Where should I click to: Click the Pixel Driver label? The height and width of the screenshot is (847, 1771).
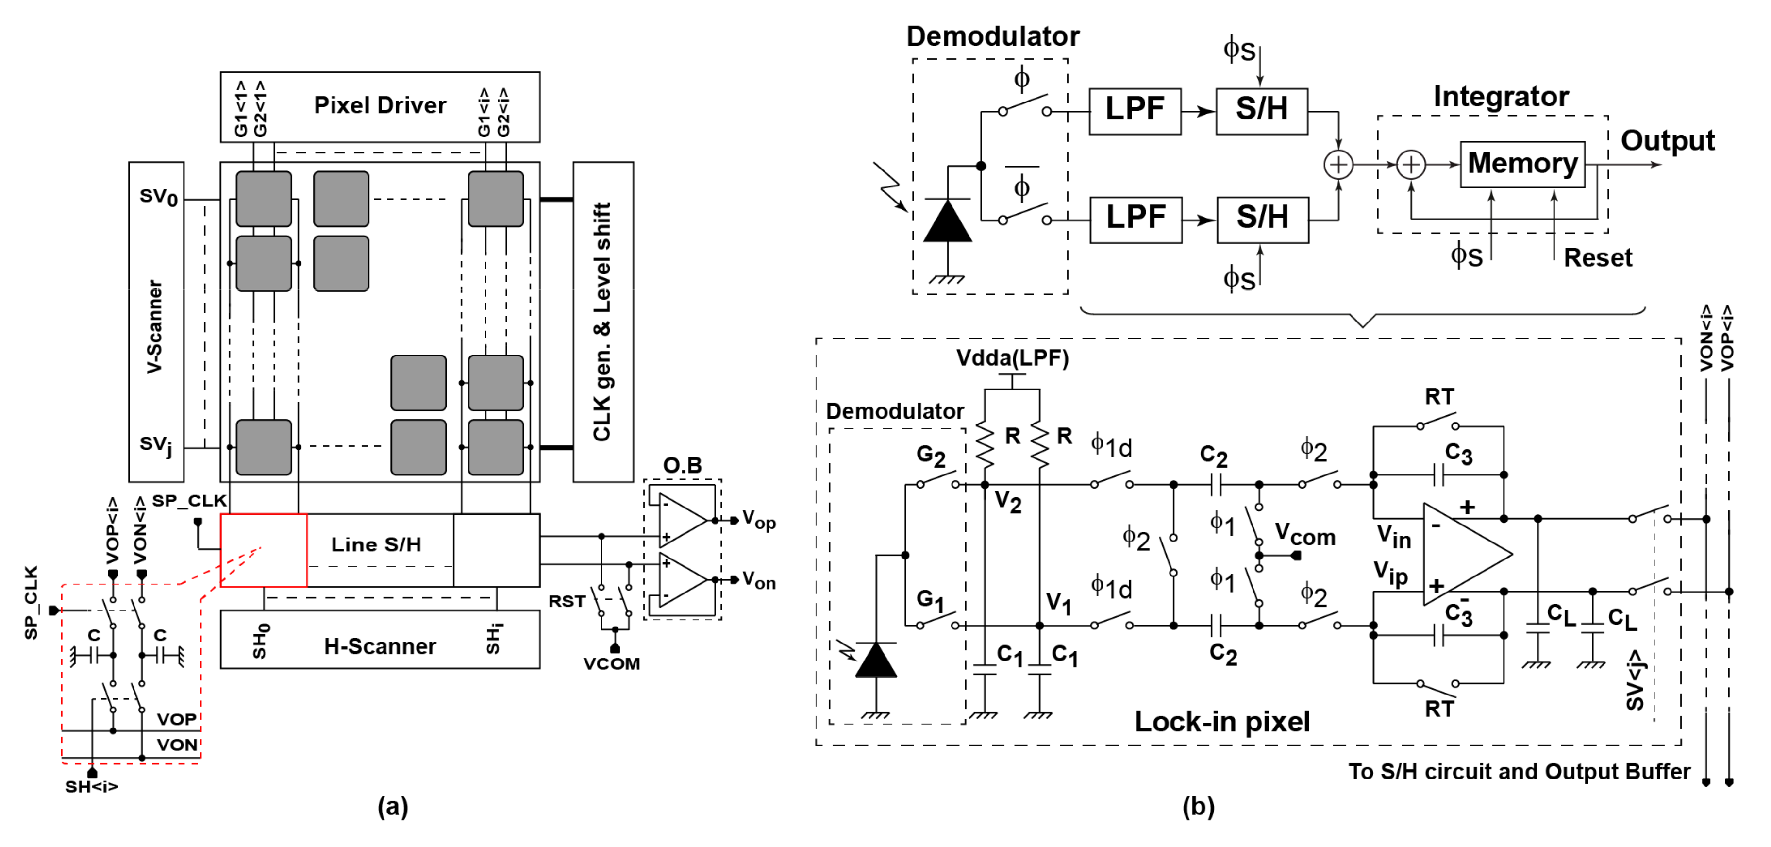click(380, 105)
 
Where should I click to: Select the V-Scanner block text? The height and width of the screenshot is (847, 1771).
click(155, 326)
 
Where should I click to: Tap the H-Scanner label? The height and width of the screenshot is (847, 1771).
click(380, 646)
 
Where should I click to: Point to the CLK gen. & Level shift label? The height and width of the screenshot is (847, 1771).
click(602, 322)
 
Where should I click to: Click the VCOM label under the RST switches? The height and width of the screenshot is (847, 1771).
click(611, 664)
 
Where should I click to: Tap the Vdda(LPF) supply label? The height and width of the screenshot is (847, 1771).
click(1012, 358)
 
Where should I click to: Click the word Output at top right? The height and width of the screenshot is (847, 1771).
click(1667, 141)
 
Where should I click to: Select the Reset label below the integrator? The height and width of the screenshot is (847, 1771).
click(1597, 258)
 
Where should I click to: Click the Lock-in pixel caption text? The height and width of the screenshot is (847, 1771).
click(1221, 721)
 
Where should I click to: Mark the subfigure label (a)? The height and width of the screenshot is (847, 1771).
click(393, 806)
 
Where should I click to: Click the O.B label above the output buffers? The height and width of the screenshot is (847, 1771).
click(682, 465)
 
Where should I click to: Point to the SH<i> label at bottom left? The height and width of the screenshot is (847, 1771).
click(91, 786)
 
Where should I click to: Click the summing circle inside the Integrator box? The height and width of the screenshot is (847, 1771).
click(1411, 165)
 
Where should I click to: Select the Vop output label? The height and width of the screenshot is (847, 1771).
click(759, 521)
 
